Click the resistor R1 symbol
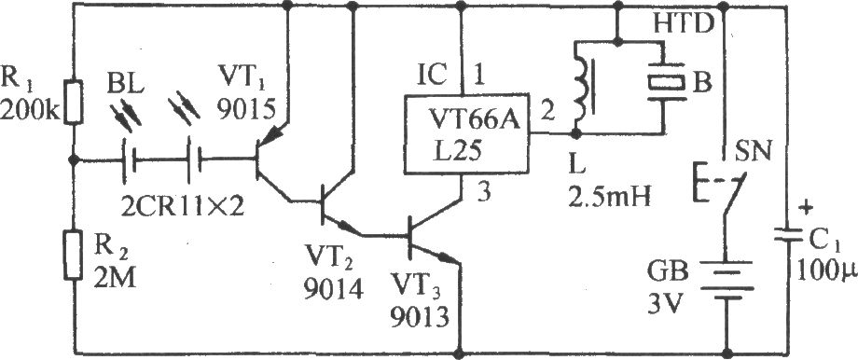pos(74,102)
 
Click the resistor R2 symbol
pos(74,255)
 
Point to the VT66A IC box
pos(466,133)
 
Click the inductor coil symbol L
pos(582,88)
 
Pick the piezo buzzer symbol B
pos(664,82)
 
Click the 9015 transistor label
pos(244,112)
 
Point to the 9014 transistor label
pos(335,288)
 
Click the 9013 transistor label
pos(420,316)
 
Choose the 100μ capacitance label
pos(826,270)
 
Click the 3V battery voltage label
pos(665,301)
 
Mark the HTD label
pos(683,23)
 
